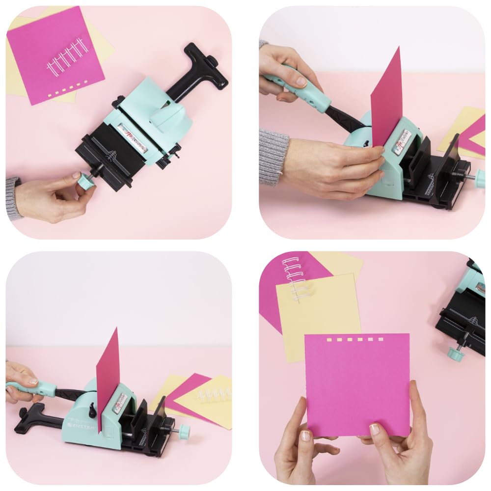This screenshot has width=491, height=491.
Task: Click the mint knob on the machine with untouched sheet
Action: click(x=184, y=432)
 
